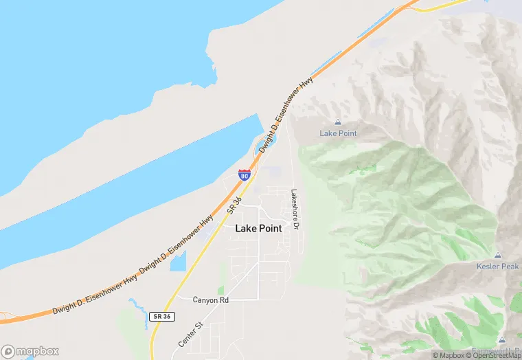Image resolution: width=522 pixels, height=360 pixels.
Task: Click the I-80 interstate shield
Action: (x=245, y=175)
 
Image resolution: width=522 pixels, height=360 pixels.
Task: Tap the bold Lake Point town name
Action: (x=258, y=229)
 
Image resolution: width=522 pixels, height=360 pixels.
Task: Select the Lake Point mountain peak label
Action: (x=339, y=133)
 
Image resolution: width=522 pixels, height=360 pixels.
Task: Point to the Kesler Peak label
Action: (x=497, y=267)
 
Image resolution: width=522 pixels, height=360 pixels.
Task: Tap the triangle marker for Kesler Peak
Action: (x=498, y=256)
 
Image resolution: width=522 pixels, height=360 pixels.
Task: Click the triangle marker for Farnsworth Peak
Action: (x=502, y=340)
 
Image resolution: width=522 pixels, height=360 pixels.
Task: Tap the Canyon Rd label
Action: (x=209, y=300)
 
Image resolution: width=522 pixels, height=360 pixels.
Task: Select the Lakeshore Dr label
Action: (x=295, y=210)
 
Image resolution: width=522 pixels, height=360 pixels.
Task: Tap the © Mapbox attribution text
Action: (x=449, y=355)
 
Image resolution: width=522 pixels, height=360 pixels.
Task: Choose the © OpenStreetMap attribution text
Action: (x=494, y=355)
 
